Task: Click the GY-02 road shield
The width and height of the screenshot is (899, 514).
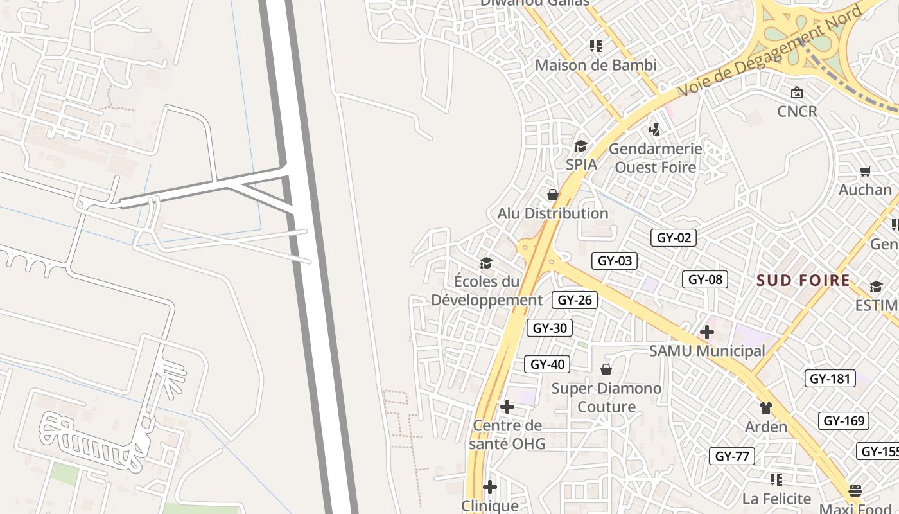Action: (x=674, y=238)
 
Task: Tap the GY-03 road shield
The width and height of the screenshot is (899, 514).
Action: (x=615, y=260)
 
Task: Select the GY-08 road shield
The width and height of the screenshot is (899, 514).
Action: (x=704, y=279)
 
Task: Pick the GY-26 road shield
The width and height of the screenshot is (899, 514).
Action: (x=575, y=299)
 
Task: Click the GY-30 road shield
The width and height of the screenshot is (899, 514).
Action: (x=550, y=328)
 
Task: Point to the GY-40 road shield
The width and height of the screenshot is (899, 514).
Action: (x=547, y=364)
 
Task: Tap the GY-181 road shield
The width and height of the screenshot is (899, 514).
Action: (x=830, y=378)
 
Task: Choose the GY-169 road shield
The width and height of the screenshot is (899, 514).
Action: (x=844, y=421)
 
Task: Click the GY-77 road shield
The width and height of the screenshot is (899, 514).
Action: (x=732, y=456)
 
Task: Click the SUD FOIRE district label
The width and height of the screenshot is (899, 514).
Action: (x=803, y=280)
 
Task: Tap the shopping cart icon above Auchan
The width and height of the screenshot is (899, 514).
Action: (x=865, y=171)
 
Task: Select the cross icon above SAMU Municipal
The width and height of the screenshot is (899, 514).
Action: (x=707, y=332)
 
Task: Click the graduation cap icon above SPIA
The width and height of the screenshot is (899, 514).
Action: (x=581, y=146)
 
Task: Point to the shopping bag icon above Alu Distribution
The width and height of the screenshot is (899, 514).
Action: (x=552, y=195)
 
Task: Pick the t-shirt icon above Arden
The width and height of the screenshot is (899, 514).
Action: (x=765, y=407)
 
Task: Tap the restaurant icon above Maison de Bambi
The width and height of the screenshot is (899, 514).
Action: (x=596, y=46)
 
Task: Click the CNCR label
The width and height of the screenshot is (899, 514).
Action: (x=797, y=111)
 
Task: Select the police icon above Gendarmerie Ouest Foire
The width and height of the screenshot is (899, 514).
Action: (x=654, y=130)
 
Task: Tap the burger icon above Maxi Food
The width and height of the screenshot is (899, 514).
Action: (x=855, y=491)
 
